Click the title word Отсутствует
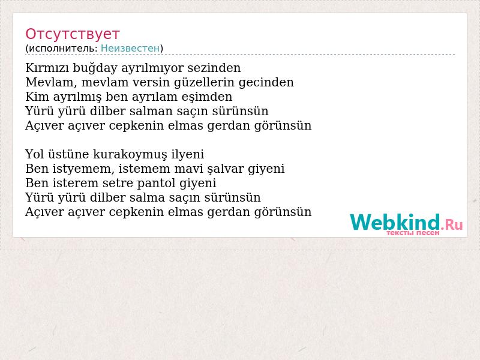[72, 34]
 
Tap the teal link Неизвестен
[130, 49]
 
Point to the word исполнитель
[63, 49]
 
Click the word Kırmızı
[47, 68]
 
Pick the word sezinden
[214, 68]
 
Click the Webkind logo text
[395, 222]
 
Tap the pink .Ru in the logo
[452, 225]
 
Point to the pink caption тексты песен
[413, 233]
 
